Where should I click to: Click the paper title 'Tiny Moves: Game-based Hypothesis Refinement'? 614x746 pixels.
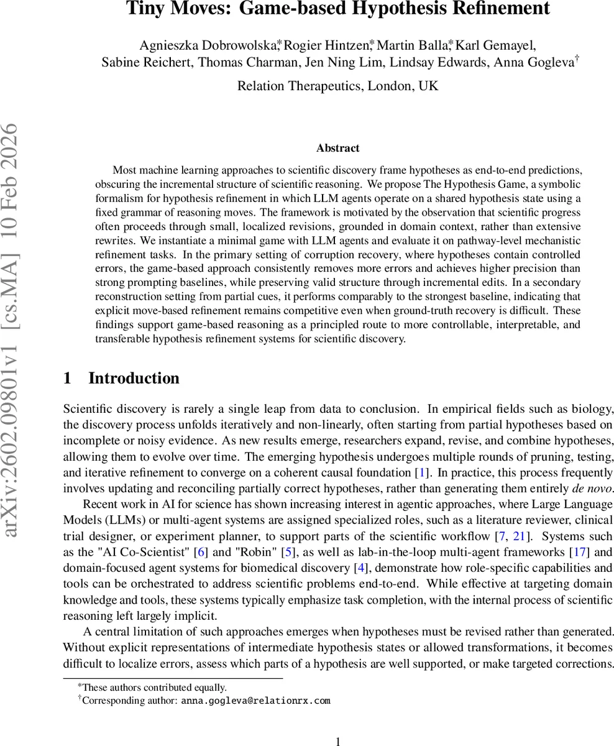point(338,9)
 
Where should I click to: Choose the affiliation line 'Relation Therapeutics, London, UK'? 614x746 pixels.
point(338,86)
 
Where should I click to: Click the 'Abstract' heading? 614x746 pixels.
point(337,148)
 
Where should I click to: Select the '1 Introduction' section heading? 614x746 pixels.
point(121,378)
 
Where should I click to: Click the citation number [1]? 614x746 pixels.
point(423,473)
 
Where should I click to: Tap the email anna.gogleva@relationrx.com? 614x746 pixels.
point(255,701)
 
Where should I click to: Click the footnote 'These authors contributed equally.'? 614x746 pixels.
point(154,688)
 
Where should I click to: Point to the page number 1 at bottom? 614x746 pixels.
point(338,741)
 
